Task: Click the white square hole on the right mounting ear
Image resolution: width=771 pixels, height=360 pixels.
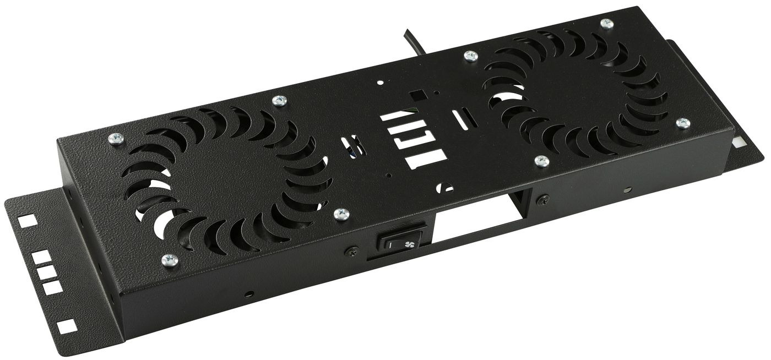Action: coord(739,141)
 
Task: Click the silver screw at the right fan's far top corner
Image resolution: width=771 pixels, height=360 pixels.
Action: coord(606,24)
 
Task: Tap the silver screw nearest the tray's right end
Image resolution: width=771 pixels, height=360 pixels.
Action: coord(683,123)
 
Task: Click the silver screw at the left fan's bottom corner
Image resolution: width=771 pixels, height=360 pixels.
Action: coord(170,260)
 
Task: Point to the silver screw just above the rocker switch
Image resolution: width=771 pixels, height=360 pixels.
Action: coord(341,213)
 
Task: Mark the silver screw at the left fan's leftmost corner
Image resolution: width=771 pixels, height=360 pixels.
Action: coord(116,139)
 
